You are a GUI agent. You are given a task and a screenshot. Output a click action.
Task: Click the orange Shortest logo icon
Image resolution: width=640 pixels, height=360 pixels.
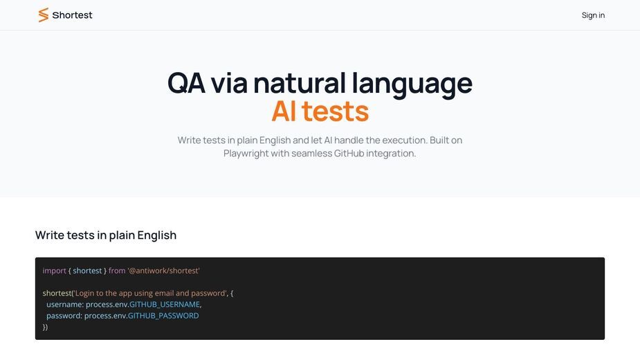44,15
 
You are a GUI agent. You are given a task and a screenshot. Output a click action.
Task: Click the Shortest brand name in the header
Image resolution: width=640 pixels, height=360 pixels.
72,15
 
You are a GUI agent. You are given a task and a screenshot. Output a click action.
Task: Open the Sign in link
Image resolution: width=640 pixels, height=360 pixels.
593,15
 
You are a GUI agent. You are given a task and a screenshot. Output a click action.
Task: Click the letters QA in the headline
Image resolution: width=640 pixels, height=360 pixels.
186,82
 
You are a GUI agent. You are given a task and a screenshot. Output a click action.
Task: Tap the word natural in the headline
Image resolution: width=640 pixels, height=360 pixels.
300,82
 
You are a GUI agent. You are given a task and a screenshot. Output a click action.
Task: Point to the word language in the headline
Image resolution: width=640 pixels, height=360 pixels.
412,84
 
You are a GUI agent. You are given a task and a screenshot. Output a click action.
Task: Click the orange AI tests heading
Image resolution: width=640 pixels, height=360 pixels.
320,111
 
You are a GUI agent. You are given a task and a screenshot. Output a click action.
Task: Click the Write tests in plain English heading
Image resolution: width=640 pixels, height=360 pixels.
106,235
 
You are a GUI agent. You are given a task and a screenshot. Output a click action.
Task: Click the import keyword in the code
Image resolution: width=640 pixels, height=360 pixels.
54,271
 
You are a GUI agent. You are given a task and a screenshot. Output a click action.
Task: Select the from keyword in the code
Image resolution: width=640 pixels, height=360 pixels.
117,271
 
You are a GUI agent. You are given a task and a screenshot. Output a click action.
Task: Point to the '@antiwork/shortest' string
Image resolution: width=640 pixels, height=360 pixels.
163,271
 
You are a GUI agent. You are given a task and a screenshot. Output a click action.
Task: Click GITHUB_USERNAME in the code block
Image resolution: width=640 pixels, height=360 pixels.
165,305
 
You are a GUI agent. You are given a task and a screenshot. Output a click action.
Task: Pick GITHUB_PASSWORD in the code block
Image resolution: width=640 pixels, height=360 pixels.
163,316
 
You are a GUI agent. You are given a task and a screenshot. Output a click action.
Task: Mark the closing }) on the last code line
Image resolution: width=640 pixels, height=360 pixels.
45,327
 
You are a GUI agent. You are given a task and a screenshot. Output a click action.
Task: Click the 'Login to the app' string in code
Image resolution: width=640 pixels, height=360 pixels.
151,293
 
